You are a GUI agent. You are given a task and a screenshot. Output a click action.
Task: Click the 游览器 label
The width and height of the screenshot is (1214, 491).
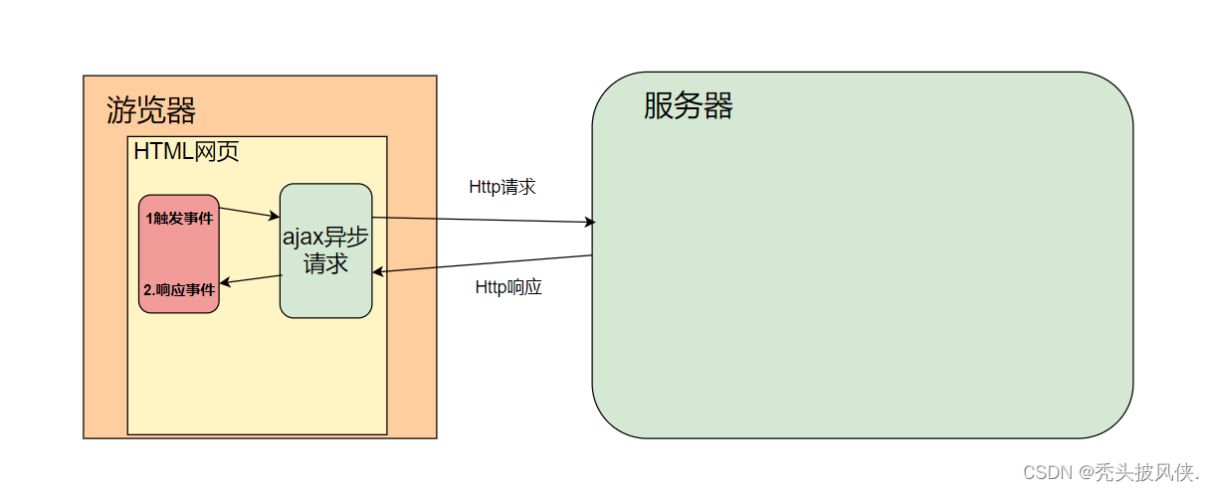click(x=150, y=109)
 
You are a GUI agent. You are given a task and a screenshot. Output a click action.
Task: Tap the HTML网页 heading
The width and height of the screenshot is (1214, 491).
click(x=186, y=152)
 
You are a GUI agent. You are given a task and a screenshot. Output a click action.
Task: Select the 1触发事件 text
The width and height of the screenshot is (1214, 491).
click(x=179, y=219)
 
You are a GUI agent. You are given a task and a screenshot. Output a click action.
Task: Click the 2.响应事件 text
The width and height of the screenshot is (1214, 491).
click(x=179, y=291)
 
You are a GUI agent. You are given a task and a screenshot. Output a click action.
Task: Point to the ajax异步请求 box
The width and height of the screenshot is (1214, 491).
click(x=325, y=250)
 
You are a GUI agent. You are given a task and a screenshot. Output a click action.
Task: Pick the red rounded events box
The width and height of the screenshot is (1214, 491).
click(x=179, y=254)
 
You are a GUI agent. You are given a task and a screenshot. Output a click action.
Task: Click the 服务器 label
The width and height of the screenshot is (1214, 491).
click(x=688, y=105)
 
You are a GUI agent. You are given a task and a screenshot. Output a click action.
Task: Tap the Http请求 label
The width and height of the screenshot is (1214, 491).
click(x=503, y=187)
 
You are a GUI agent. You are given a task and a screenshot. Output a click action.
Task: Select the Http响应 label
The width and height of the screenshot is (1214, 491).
click(x=508, y=288)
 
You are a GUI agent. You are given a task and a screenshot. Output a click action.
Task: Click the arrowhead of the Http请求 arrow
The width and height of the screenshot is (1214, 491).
click(x=591, y=223)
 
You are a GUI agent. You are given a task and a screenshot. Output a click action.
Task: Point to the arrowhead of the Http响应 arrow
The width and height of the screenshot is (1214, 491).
click(x=378, y=271)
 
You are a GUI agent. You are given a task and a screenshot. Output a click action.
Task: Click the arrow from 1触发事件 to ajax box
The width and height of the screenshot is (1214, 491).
click(x=249, y=212)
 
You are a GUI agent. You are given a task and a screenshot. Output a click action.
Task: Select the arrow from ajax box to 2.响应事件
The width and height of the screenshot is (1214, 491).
click(x=251, y=280)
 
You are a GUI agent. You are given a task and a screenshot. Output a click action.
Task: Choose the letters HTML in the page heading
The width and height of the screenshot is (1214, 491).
click(x=164, y=152)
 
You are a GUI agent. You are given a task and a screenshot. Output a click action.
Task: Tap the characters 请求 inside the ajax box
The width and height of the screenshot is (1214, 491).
click(x=325, y=264)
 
